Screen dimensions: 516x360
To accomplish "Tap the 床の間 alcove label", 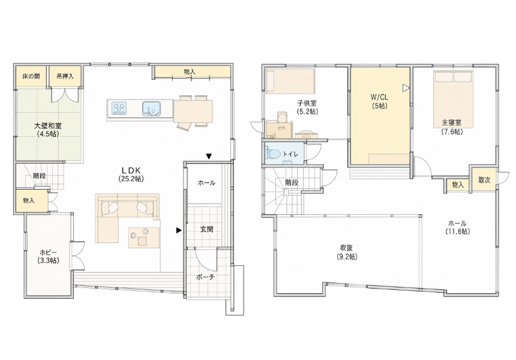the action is [31, 76].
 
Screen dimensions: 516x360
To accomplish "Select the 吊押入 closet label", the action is [65, 76].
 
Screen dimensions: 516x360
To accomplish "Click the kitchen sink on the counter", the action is [151, 109].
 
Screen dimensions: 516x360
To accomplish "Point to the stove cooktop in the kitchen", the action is [119, 108].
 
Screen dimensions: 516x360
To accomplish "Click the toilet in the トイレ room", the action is [274, 154].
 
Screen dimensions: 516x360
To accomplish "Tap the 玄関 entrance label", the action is [206, 229].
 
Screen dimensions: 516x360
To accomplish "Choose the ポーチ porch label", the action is [206, 277].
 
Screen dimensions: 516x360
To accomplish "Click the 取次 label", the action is [484, 180].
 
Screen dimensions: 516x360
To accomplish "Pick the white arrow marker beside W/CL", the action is [406, 88].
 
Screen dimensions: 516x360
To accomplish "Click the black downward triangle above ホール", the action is [209, 156].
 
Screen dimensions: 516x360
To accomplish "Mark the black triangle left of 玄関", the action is [179, 230].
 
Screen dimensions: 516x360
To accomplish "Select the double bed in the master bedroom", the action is [453, 99].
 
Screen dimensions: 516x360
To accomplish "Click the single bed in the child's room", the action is [290, 80].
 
